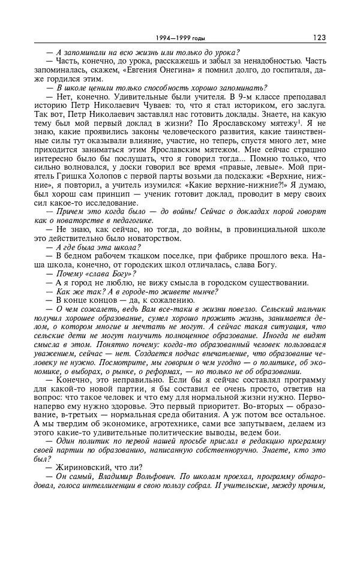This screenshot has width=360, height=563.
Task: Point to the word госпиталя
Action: pos(295,78)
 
